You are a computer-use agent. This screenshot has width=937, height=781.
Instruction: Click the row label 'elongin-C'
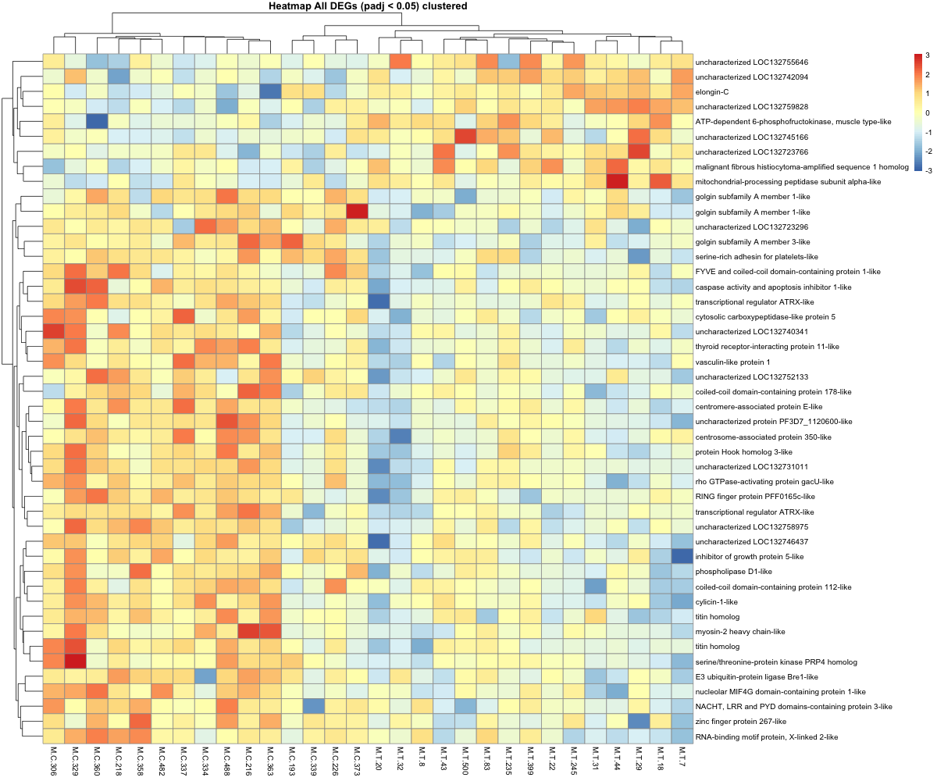click(x=713, y=91)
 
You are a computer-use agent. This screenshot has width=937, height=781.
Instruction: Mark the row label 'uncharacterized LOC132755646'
click(x=750, y=62)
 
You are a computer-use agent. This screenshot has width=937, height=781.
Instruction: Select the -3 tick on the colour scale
click(x=928, y=169)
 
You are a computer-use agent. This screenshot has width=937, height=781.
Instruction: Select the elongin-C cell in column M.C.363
click(x=270, y=91)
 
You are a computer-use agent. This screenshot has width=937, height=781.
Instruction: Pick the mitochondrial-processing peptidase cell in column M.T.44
click(x=616, y=181)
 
